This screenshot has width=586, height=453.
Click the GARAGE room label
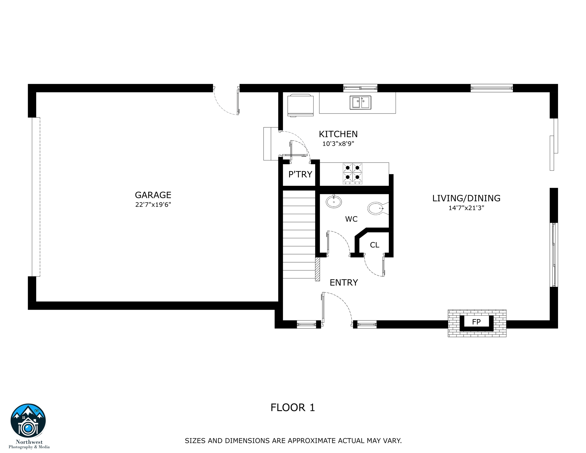coord(153,195)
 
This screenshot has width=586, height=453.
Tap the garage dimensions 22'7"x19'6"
coord(153,205)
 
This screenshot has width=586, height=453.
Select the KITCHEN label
coord(338,134)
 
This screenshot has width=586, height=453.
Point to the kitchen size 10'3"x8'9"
coord(338,144)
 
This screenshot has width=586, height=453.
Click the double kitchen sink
coord(360,103)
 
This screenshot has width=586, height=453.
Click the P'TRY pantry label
coord(300,175)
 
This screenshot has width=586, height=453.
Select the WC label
coord(351,219)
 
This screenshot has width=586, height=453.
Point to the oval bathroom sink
coord(334,202)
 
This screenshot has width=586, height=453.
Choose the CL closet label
coord(374,245)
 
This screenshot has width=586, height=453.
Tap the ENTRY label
coord(344,283)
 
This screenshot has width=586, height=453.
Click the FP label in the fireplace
coord(476,322)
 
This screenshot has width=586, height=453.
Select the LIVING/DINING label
coord(466,198)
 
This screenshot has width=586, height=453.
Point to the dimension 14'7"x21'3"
coord(466,208)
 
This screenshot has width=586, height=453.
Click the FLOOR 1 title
coord(293,408)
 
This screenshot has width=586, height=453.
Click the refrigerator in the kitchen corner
coord(300,105)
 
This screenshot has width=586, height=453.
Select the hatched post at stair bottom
coord(317,269)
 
